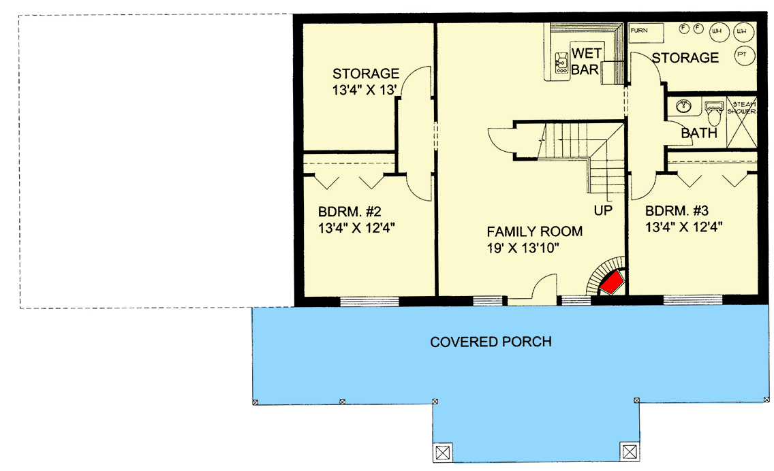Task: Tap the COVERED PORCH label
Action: click(x=491, y=342)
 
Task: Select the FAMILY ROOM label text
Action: click(x=534, y=231)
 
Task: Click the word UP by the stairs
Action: click(x=603, y=211)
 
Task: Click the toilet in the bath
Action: click(x=713, y=112)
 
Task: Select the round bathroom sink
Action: click(x=684, y=106)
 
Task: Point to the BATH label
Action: click(x=699, y=133)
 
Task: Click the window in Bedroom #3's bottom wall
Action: click(x=693, y=299)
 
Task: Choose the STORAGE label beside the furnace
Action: click(x=685, y=58)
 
